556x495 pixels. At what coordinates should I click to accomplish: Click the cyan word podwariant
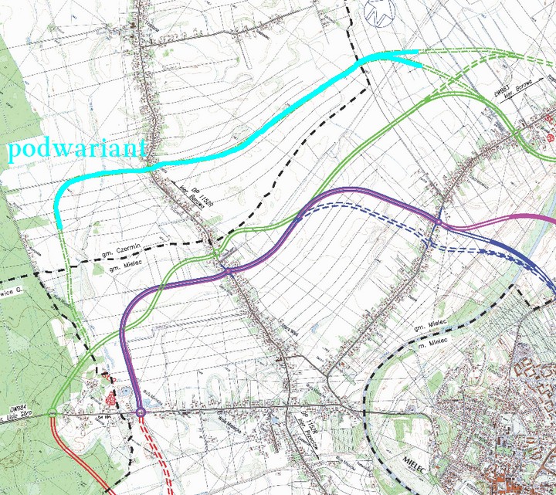click(76, 149)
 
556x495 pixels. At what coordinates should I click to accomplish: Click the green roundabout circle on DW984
click(51, 413)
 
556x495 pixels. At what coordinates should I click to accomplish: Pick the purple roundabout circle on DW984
click(141, 414)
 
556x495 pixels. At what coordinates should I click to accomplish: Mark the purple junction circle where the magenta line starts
click(437, 222)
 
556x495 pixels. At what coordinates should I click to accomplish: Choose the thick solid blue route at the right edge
click(541, 274)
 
